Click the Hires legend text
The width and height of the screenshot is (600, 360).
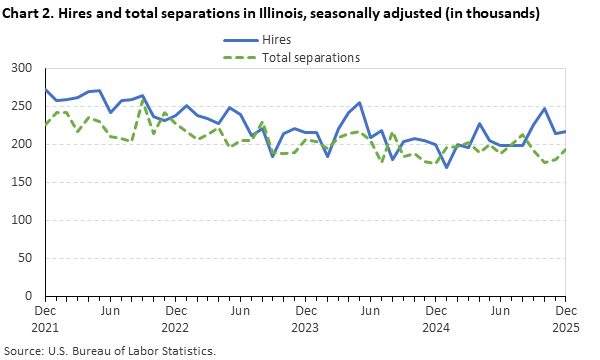click(276, 39)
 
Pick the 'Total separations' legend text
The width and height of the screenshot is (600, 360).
click(310, 57)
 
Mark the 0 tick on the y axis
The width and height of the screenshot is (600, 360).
click(31, 296)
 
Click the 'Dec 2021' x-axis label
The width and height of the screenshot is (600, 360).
click(45, 318)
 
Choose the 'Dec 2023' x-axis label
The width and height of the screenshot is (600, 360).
click(304, 318)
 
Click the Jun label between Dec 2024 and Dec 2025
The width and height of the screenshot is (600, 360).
click(498, 311)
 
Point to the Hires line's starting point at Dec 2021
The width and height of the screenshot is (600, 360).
click(46, 90)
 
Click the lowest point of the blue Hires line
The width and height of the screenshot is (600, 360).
click(446, 167)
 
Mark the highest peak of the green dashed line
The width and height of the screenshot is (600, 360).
click(143, 101)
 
